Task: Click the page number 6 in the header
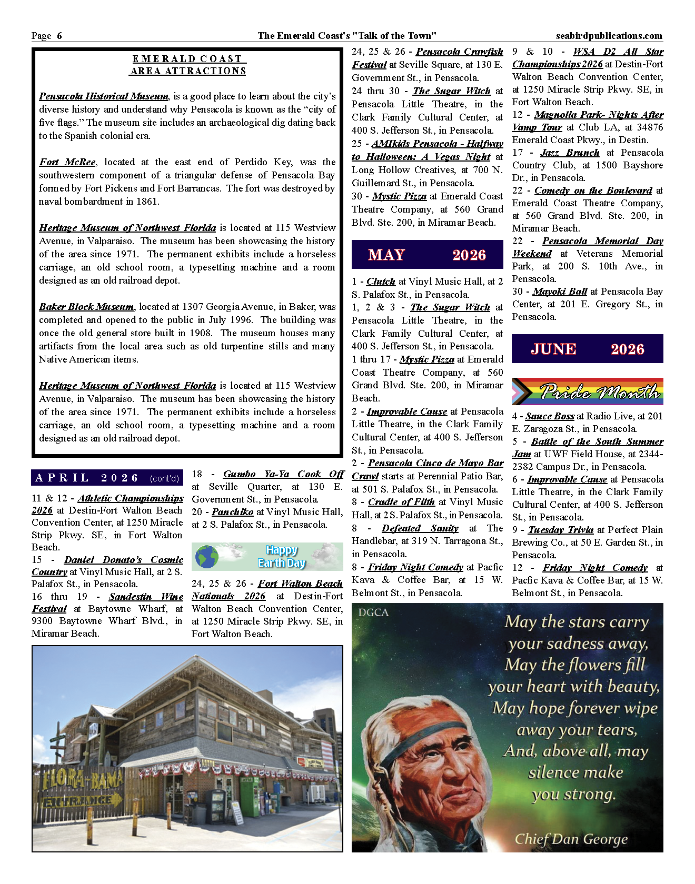coord(59,36)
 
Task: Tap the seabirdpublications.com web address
coord(609,36)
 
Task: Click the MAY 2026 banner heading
coord(427,255)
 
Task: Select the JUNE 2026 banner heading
coord(587,349)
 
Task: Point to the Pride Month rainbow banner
coord(587,391)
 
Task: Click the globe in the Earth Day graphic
coord(206,557)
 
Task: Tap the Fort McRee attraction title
coord(67,162)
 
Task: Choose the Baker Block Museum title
coord(86,307)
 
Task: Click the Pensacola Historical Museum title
coord(104,96)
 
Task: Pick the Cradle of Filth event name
coord(401,502)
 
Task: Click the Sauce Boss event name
coord(550,416)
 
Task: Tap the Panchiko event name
coord(233,512)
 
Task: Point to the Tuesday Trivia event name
coord(561,530)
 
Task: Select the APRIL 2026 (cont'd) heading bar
coord(107,478)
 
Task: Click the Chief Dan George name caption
coord(571,839)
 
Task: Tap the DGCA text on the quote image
coord(373,612)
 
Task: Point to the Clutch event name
coord(381,282)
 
